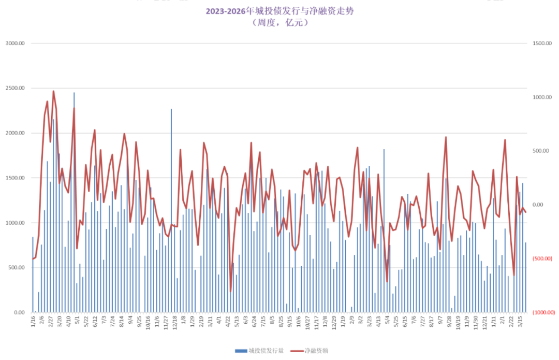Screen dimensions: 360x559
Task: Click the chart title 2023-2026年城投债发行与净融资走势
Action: (x=279, y=11)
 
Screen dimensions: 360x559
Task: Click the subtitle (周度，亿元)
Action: (x=279, y=23)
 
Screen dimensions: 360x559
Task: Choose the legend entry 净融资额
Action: (x=314, y=351)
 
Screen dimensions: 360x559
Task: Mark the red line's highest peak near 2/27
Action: (x=53, y=92)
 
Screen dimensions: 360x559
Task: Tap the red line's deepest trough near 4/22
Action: (x=230, y=291)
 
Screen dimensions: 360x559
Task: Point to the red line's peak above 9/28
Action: (x=446, y=137)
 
